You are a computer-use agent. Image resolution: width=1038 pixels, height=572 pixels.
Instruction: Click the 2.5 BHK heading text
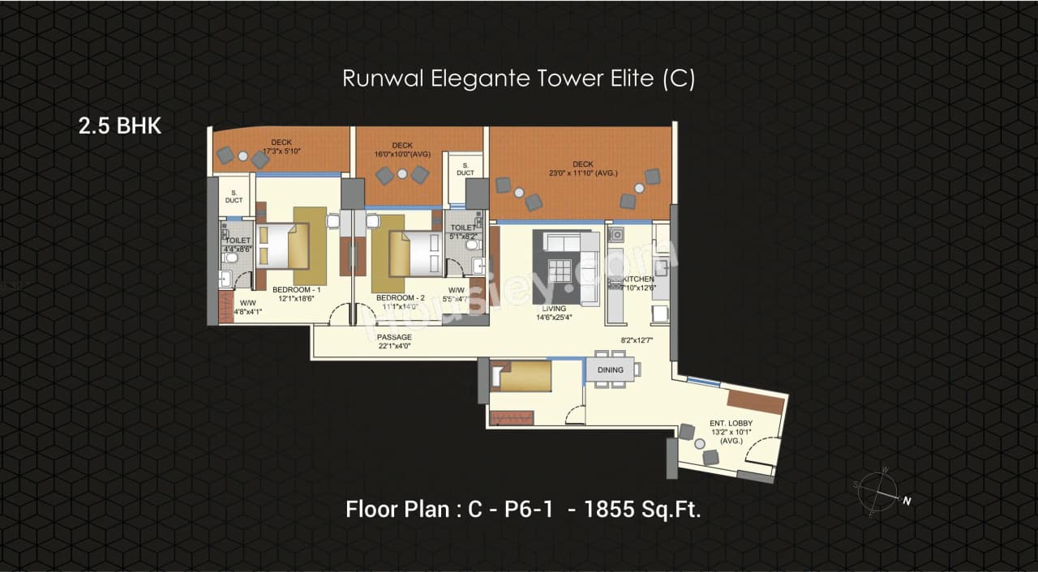pyautogui.click(x=120, y=126)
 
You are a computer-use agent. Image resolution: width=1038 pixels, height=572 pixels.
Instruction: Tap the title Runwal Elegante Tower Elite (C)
pyautogui.click(x=518, y=79)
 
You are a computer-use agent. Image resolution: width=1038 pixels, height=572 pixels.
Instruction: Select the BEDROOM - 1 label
pyautogui.click(x=297, y=289)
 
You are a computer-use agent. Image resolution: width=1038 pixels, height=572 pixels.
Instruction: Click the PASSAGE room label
pyautogui.click(x=394, y=337)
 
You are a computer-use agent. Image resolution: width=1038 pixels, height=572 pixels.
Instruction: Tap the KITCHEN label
pyautogui.click(x=638, y=279)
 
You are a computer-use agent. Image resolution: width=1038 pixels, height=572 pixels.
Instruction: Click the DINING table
pyautogui.click(x=610, y=370)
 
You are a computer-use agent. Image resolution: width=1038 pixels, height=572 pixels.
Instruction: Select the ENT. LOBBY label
pyautogui.click(x=731, y=424)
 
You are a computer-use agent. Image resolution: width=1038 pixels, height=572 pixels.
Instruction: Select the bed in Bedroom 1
pyautogui.click(x=283, y=246)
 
